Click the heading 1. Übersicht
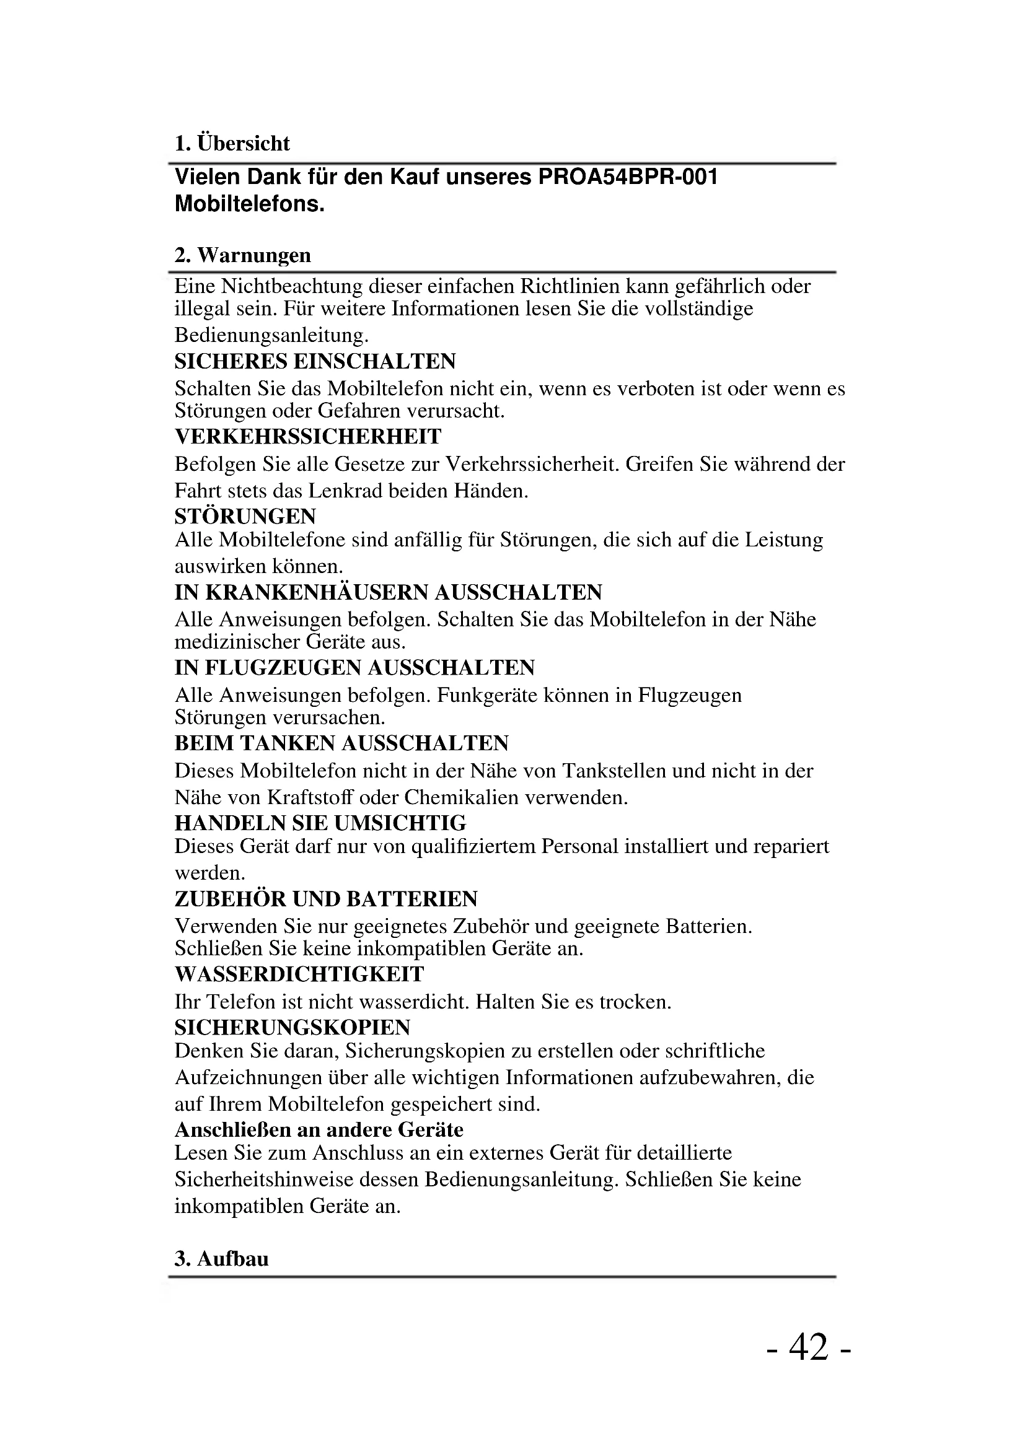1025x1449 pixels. (232, 143)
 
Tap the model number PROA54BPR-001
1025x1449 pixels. (627, 177)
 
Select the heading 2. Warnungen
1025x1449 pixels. (243, 255)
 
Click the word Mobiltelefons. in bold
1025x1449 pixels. (249, 204)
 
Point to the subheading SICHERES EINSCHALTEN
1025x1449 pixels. (315, 361)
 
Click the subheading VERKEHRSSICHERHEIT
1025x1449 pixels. (308, 437)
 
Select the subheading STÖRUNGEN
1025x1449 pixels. (245, 516)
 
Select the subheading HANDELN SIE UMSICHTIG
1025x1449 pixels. (320, 823)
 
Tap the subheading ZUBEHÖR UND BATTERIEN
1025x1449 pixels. (326, 899)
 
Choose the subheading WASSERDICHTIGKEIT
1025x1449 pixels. (299, 974)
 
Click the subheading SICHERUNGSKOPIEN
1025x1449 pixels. (293, 1027)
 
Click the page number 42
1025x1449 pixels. (809, 1347)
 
